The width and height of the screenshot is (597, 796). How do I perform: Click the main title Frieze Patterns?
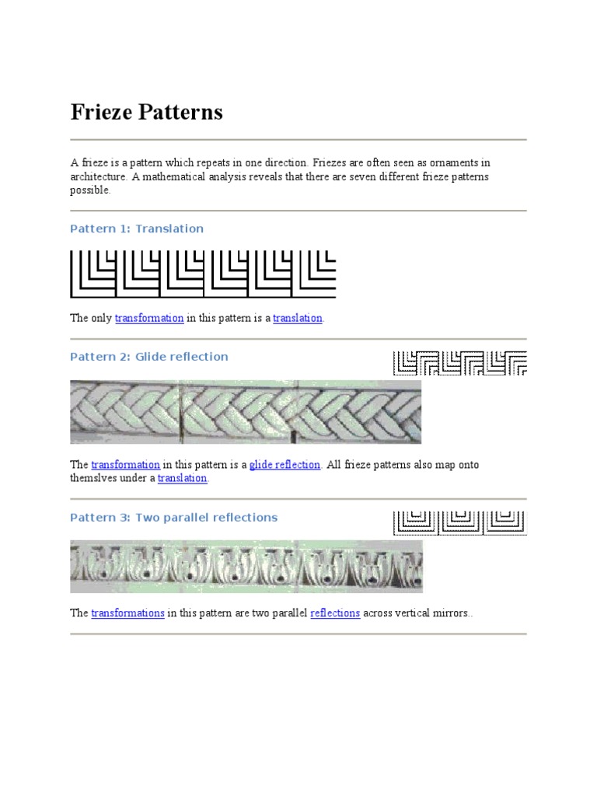[x=146, y=113]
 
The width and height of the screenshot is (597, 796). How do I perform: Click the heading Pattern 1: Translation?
[x=137, y=229]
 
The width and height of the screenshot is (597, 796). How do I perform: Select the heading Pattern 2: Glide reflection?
[x=149, y=357]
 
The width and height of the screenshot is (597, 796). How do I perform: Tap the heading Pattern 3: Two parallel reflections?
[x=173, y=518]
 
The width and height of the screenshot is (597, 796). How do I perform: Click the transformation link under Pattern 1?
[x=149, y=318]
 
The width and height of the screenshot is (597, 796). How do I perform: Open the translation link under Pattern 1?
[x=297, y=318]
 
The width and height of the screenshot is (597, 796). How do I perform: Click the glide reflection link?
[x=285, y=465]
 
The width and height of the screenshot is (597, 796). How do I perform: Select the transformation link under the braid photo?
[x=125, y=465]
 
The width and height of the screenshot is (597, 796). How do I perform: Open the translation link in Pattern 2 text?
[x=182, y=479]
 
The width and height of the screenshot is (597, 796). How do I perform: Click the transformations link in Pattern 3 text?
[x=127, y=613]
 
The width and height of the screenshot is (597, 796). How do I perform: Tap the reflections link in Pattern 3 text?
[x=335, y=613]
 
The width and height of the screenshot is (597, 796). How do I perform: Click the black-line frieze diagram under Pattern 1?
[x=203, y=274]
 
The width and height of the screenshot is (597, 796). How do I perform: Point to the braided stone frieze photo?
[x=246, y=412]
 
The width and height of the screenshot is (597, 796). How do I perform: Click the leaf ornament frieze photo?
[x=246, y=567]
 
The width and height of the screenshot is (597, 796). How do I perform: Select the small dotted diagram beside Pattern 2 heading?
[x=459, y=362]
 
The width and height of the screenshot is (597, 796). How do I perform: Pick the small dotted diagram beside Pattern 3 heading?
[x=459, y=522]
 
